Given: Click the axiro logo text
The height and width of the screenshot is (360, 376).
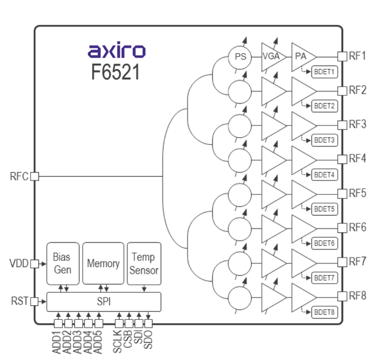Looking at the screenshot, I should click(116, 50).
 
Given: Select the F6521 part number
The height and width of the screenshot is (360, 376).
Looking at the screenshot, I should click(116, 72).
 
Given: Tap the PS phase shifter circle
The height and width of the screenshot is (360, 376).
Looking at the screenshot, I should click(240, 56).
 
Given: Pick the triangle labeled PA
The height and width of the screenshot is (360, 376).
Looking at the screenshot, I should click(301, 57).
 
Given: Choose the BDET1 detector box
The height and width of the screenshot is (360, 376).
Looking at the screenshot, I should click(324, 71).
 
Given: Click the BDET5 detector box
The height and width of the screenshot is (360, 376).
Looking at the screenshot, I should click(324, 209).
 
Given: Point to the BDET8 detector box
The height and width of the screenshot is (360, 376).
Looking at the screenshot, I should click(324, 312).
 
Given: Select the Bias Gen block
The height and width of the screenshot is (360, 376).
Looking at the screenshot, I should click(63, 263).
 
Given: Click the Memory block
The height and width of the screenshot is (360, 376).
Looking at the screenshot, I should click(103, 263).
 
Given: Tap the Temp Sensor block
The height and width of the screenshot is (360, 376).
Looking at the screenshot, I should click(144, 263).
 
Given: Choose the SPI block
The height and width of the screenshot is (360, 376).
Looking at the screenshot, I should click(103, 301).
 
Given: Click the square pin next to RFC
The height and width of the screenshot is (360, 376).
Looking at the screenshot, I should click(34, 176).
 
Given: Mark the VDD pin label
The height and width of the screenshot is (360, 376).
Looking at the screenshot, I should click(19, 264).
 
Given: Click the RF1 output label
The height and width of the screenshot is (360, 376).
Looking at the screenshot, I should click(358, 56).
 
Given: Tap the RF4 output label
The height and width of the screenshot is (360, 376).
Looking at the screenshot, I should click(358, 159).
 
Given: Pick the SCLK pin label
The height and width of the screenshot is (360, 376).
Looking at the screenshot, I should click(117, 342).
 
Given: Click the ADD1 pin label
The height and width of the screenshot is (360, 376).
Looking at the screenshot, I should click(57, 342).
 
